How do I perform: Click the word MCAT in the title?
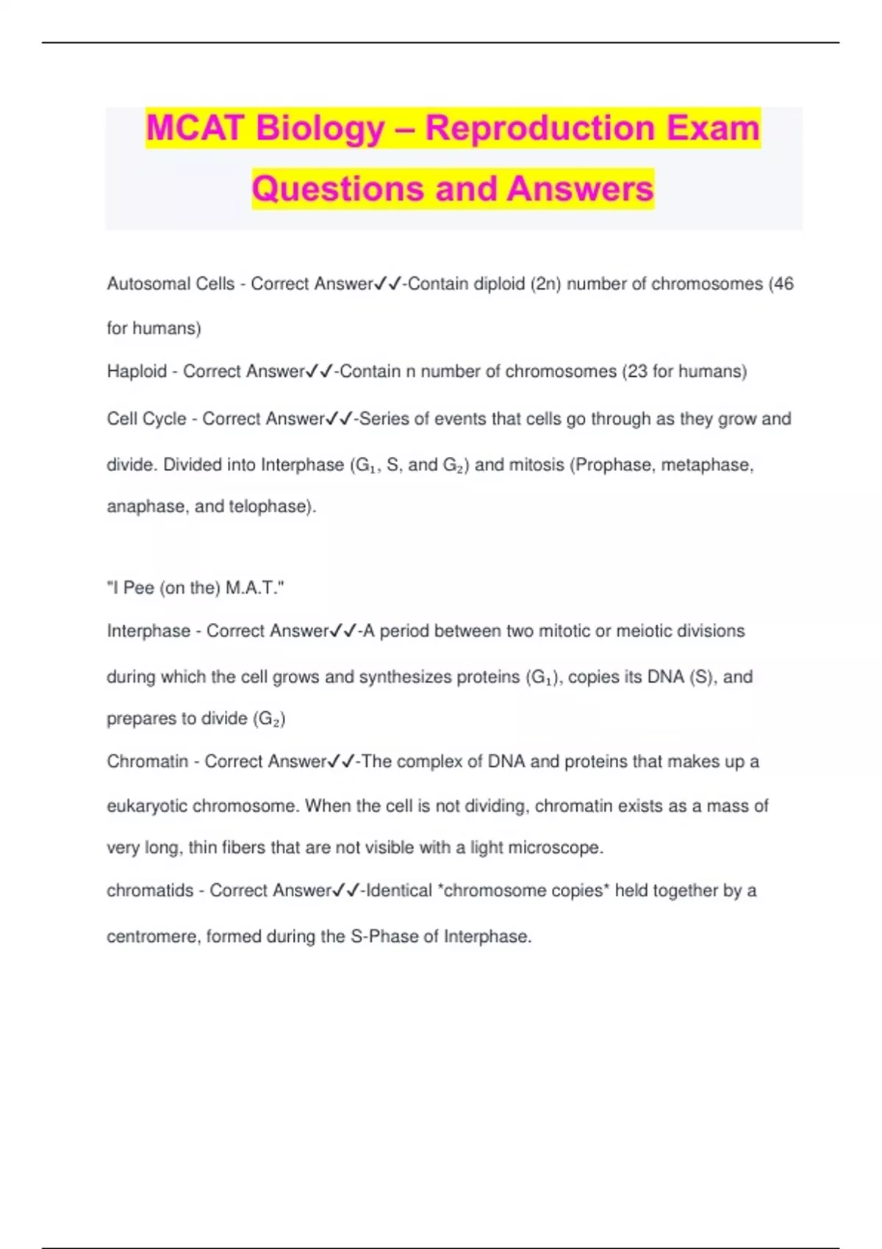point(195,128)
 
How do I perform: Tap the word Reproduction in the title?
point(539,128)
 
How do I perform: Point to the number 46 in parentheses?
point(784,284)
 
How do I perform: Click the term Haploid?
point(137,371)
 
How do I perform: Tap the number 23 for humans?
point(637,371)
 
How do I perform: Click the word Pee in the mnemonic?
point(139,588)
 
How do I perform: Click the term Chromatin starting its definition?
point(148,761)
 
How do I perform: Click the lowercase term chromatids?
point(150,890)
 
